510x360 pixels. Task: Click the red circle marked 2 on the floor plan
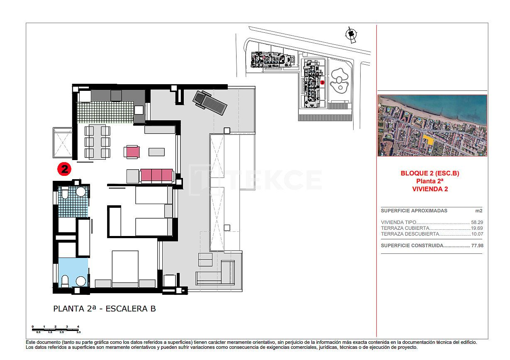pyautogui.click(x=64, y=169)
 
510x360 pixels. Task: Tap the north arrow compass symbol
pyautogui.click(x=351, y=34)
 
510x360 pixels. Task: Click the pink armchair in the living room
pyautogui.click(x=131, y=152)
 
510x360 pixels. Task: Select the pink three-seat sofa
pyautogui.click(x=156, y=175)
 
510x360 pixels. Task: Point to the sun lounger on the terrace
pyautogui.click(x=210, y=103)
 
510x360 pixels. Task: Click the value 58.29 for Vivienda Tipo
pyautogui.click(x=477, y=222)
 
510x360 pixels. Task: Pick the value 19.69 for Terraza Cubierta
pyautogui.click(x=477, y=228)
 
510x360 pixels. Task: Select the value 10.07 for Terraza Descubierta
pyautogui.click(x=477, y=234)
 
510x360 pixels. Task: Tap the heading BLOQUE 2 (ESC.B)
pyautogui.click(x=429, y=173)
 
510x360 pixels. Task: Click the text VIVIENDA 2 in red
pyautogui.click(x=429, y=189)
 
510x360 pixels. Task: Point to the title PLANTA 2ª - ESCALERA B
pyautogui.click(x=105, y=309)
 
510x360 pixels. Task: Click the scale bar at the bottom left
pyautogui.click(x=56, y=329)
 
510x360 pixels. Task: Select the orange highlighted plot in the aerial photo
pyautogui.click(x=429, y=140)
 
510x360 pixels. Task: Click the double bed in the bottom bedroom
pyautogui.click(x=125, y=268)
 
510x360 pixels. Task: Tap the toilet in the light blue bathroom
pyautogui.click(x=65, y=281)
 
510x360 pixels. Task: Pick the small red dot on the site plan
pyautogui.click(x=322, y=82)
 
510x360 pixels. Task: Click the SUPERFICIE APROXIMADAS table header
pyautogui.click(x=408, y=211)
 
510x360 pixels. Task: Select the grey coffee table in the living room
pyautogui.click(x=156, y=152)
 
